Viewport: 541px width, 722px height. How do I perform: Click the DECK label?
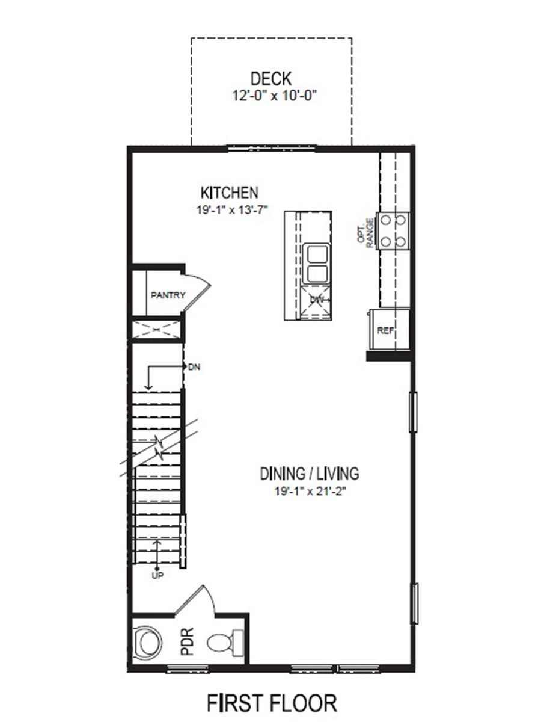click(271, 78)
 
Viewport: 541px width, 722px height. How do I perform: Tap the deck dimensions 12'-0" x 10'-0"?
click(271, 95)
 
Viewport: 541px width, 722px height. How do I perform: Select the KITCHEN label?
click(229, 193)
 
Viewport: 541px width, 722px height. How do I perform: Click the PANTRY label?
click(168, 295)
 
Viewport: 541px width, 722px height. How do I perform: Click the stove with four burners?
click(393, 230)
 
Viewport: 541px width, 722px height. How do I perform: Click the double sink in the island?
click(316, 264)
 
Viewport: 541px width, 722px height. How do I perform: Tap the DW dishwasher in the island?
click(316, 300)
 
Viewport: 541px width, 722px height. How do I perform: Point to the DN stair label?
click(194, 366)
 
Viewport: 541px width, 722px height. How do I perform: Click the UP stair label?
click(158, 575)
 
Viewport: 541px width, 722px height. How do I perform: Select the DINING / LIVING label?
click(310, 474)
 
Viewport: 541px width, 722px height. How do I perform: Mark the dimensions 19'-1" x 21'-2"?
click(310, 491)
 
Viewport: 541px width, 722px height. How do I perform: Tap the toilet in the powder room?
click(225, 642)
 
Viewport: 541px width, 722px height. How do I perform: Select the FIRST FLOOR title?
click(272, 702)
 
